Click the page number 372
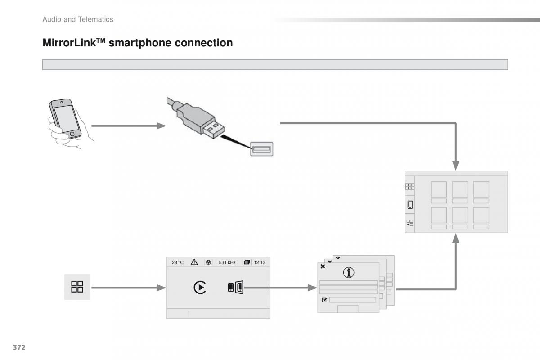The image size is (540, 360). tap(18, 347)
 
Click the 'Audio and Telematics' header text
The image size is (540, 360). tap(78, 19)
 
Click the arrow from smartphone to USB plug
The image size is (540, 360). tap(129, 126)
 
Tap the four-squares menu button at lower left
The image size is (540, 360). tap(77, 287)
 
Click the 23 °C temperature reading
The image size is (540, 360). tap(178, 262)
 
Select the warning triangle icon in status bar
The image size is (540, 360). tap(194, 262)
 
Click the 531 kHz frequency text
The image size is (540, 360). tap(227, 262)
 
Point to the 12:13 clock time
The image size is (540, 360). tap(260, 262)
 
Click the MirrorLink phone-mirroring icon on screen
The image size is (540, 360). tap(235, 287)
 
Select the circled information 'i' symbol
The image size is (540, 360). tap(348, 272)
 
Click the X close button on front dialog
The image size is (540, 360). tap(323, 266)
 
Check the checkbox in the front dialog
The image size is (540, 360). tap(324, 300)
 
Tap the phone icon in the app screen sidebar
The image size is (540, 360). tap(410, 205)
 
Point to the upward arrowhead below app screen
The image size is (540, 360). tap(456, 239)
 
